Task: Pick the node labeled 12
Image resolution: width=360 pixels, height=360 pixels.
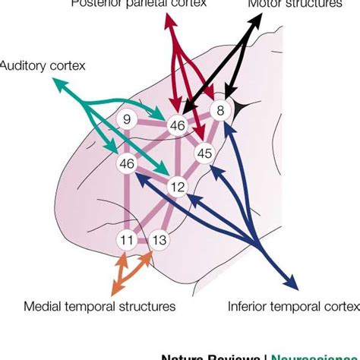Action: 176,186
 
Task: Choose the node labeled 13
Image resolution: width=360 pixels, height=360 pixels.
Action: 159,241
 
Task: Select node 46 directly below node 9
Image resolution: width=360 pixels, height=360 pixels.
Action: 126,163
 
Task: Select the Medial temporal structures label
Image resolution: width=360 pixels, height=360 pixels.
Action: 99,306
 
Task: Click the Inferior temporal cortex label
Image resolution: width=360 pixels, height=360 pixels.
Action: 293,306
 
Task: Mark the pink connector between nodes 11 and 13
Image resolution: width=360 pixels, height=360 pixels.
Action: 143,241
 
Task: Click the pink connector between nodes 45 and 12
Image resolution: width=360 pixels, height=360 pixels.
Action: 191,169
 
